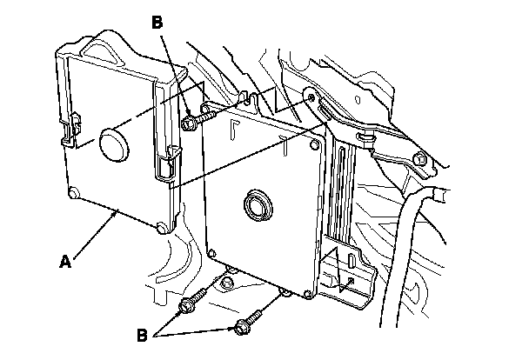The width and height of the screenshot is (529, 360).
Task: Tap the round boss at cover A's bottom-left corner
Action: (73, 192)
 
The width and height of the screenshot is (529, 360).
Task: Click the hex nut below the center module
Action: (227, 280)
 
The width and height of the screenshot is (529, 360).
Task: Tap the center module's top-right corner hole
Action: (314, 139)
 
